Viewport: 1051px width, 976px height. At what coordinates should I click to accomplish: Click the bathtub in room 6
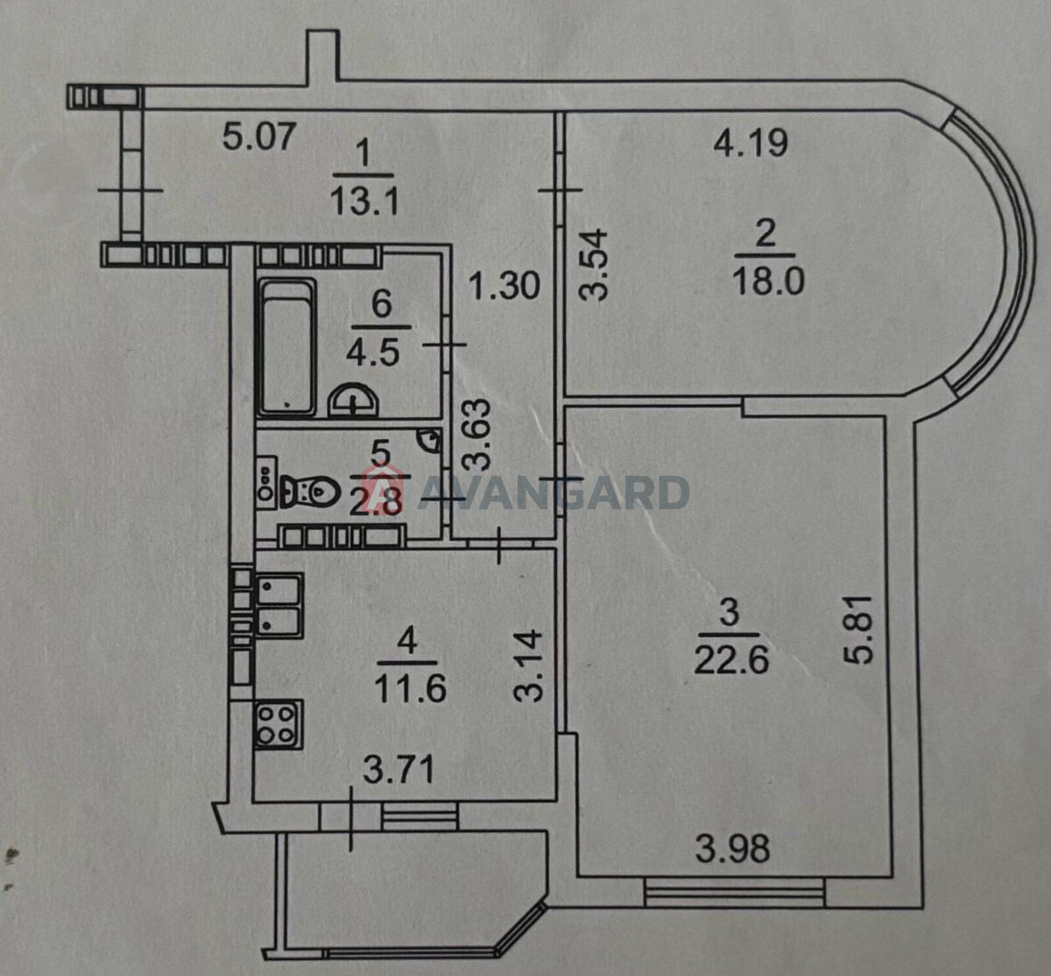click(288, 348)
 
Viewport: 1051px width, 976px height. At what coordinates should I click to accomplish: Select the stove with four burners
click(279, 725)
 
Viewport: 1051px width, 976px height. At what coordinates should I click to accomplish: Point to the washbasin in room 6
click(353, 401)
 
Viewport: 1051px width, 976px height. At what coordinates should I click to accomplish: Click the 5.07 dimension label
click(259, 137)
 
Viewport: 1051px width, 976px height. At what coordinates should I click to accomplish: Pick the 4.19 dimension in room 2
click(751, 143)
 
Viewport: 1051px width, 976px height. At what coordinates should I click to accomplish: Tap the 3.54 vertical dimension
click(595, 264)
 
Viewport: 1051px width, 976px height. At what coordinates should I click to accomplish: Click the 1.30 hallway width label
click(504, 286)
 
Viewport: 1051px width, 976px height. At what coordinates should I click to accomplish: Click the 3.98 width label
click(732, 848)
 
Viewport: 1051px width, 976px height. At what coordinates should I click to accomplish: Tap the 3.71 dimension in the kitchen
click(399, 769)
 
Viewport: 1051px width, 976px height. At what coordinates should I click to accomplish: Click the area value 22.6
click(731, 660)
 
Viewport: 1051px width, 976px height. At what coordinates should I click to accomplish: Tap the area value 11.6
click(410, 688)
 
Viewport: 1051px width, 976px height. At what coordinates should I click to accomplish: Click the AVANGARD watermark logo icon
click(386, 489)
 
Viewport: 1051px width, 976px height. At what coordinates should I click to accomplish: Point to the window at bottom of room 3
click(734, 893)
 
